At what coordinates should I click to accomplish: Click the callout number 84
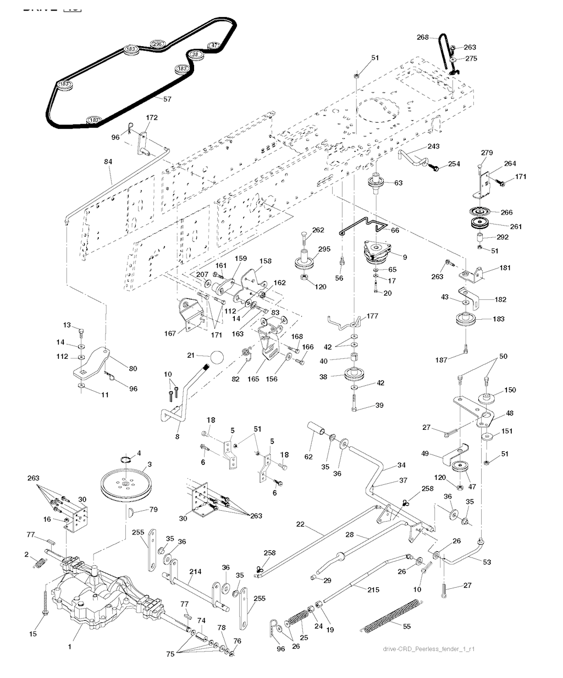click(x=107, y=162)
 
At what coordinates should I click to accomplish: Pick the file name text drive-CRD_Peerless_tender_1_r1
click(x=429, y=649)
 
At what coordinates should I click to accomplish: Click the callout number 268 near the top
click(x=422, y=37)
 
